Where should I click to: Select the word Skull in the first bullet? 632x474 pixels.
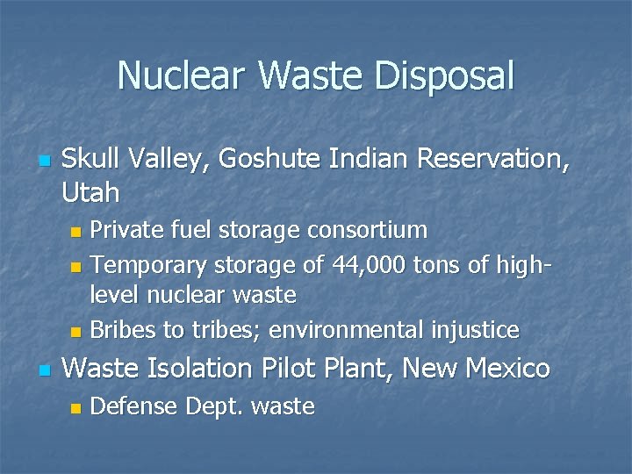tap(91, 159)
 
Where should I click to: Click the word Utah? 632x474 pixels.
tap(91, 190)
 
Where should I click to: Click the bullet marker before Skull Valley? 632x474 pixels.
tap(44, 162)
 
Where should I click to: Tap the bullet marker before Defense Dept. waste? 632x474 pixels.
tap(75, 408)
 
